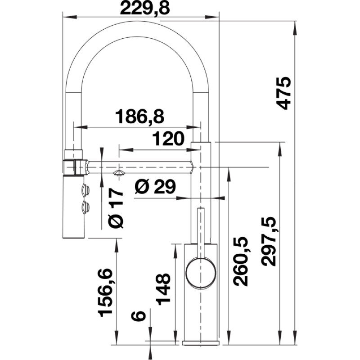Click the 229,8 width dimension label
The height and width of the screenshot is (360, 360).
point(144,9)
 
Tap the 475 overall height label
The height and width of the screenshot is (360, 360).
point(284,93)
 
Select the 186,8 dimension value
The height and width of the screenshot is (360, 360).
point(140,117)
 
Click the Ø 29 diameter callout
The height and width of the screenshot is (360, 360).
point(155,186)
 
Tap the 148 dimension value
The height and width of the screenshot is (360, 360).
point(163,289)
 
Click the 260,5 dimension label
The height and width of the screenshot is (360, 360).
point(241,261)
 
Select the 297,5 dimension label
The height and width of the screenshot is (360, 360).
point(269,242)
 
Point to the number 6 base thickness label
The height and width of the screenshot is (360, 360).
point(139,316)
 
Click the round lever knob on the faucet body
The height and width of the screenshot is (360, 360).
point(201,273)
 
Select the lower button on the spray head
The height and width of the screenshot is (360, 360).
point(86,207)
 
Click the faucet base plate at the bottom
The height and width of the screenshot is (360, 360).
point(201,343)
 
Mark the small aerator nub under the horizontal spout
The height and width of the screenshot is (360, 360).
point(119,173)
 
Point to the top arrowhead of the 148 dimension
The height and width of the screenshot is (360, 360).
point(175,251)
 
